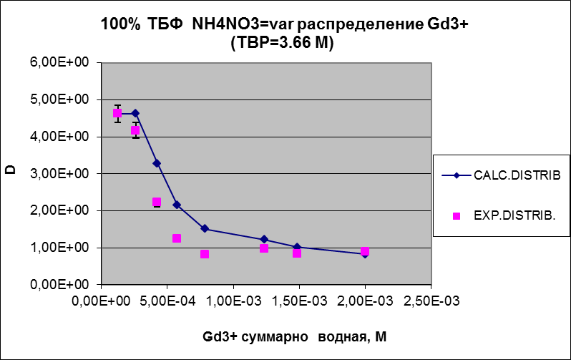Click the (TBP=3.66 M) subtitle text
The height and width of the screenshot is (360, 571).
point(284,42)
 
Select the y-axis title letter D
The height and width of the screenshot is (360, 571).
point(11,172)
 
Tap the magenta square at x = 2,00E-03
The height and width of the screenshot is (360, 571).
point(365,252)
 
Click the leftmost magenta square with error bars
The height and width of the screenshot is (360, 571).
point(117,113)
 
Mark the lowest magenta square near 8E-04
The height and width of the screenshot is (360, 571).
point(205,254)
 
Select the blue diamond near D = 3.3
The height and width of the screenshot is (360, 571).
point(157,163)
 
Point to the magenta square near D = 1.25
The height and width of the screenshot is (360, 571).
point(177,238)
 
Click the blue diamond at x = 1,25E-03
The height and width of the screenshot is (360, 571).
point(264,239)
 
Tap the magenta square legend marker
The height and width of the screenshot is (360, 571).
point(455,213)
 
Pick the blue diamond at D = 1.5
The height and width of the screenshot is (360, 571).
point(205,228)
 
